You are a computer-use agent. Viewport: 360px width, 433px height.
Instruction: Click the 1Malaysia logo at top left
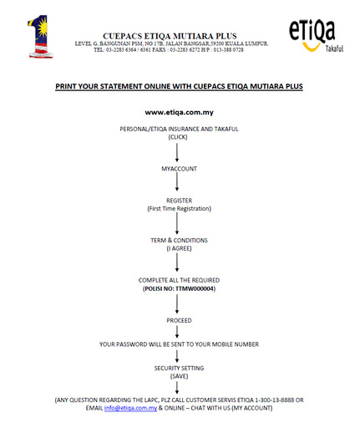point(40,37)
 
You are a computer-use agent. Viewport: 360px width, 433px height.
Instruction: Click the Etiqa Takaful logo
point(316,36)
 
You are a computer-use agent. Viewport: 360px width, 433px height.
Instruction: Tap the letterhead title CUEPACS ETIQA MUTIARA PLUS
point(170,36)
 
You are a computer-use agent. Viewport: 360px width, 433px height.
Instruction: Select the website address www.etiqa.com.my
point(179,112)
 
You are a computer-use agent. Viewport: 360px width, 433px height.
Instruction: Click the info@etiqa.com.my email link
point(130,408)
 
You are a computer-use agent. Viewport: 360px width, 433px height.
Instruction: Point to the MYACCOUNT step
point(179,169)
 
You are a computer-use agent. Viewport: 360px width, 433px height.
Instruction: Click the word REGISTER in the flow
point(179,201)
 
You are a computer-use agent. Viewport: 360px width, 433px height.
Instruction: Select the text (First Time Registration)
point(179,208)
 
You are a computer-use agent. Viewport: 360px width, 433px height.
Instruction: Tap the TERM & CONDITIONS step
point(179,240)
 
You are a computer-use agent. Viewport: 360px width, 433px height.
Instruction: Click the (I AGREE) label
point(179,248)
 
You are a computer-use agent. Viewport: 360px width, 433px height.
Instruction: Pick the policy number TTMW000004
point(195,288)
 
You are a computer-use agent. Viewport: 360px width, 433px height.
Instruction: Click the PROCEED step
point(179,320)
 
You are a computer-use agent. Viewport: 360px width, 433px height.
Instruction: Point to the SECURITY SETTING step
point(179,368)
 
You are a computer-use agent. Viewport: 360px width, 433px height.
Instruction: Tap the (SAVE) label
point(179,376)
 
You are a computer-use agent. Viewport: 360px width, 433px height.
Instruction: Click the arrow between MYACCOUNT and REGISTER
point(177,181)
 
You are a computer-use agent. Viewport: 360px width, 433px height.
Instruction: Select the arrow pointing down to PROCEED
point(177,303)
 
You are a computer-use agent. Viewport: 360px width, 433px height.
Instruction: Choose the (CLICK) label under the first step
point(178,137)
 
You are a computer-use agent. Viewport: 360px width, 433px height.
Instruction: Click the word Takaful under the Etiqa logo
point(334,48)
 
